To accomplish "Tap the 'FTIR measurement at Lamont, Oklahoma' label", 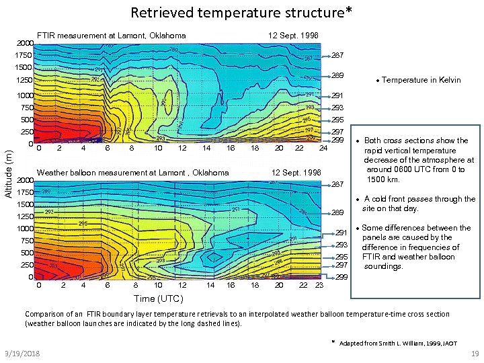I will [111, 35].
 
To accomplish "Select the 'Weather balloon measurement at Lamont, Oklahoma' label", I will [133, 173].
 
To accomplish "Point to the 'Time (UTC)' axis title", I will [158, 298].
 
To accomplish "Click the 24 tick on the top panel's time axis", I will [323, 148].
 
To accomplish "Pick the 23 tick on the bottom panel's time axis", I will [319, 285].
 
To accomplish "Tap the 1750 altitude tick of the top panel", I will [24, 55].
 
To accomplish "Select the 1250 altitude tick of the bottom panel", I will [25, 216].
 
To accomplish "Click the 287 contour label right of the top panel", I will [337, 55].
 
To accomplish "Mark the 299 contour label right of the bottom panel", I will [341, 277].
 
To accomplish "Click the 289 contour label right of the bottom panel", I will [337, 212].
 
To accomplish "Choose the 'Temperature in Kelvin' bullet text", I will [421, 80].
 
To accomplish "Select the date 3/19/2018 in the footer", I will [20, 354].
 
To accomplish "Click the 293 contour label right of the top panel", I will [337, 108].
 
